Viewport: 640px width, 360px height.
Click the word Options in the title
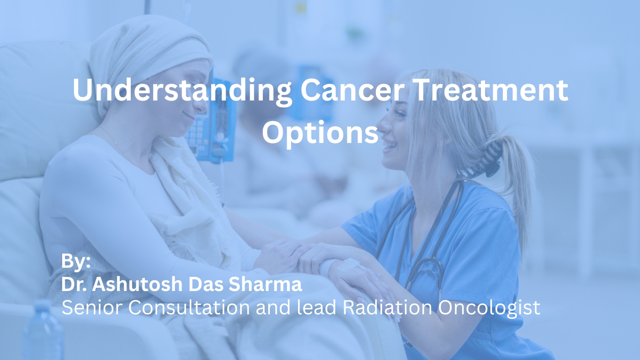point(320,132)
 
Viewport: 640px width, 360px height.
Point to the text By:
point(76,262)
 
